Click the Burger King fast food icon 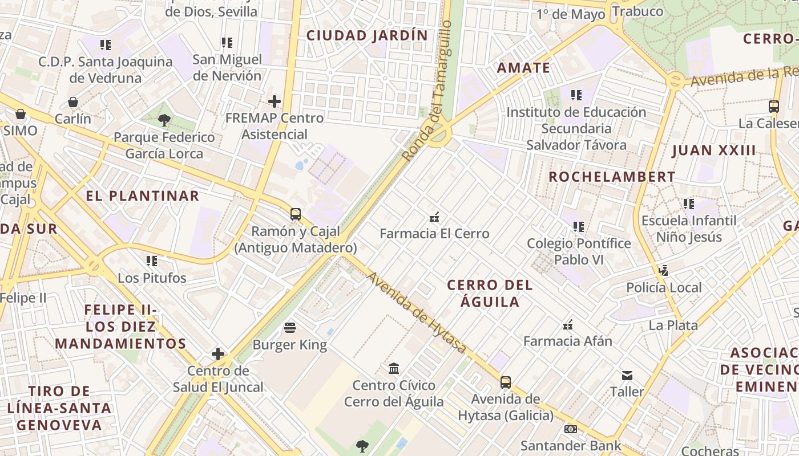290,328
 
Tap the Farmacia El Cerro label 434,234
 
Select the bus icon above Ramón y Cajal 295,214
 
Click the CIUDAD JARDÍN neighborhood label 367,35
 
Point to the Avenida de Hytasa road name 416,312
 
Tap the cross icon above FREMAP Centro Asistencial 275,101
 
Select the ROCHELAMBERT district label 612,177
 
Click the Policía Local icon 663,270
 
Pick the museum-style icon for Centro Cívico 394,368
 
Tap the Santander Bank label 570,446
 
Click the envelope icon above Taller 627,375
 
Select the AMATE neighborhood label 523,68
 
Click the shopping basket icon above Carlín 73,102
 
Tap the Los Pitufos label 152,278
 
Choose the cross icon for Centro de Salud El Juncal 218,354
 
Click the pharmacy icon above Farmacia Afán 568,325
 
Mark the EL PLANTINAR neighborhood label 142,196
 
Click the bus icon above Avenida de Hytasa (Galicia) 506,382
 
